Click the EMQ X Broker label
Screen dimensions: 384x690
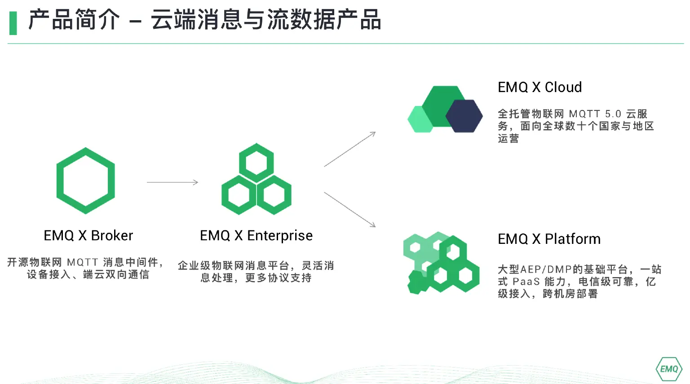(88, 235)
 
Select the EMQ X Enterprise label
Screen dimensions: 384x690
(256, 235)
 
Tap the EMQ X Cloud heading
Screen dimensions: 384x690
(540, 87)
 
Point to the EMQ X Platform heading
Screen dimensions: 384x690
(549, 239)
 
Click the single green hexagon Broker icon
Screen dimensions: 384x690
(85, 181)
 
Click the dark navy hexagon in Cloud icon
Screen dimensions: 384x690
(464, 116)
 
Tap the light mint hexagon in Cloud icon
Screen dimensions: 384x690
(420, 119)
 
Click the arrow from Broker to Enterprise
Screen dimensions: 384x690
(172, 182)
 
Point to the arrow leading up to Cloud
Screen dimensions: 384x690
(349, 149)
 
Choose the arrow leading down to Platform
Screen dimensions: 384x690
(349, 209)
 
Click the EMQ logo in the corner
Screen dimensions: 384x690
(669, 369)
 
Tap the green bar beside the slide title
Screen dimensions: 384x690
(13, 23)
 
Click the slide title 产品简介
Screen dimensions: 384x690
(74, 20)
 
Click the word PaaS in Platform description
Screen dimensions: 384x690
(526, 282)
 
